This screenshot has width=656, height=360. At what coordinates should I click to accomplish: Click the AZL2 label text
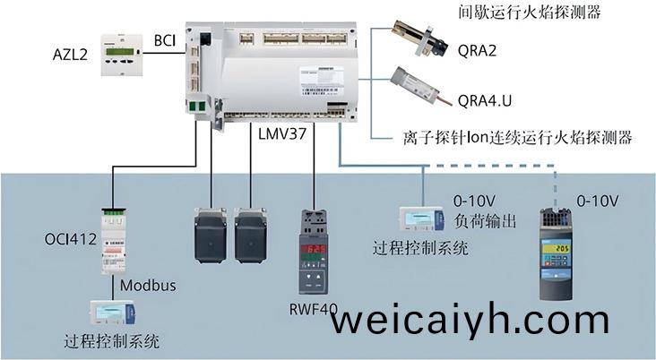point(70,55)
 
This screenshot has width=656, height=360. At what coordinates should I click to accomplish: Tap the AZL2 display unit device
point(122,56)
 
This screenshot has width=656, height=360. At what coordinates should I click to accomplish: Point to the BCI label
point(165,41)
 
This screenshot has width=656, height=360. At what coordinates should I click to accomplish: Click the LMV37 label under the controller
point(282,133)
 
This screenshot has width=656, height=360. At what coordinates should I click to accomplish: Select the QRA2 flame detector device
point(419,40)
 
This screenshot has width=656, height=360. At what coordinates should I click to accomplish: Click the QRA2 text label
point(477,51)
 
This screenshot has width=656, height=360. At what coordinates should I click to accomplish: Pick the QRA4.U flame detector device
point(420,87)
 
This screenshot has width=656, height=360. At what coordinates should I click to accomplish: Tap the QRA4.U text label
point(485,101)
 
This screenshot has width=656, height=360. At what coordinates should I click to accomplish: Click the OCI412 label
point(70,240)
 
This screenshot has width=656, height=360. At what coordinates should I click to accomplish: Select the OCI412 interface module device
point(114,240)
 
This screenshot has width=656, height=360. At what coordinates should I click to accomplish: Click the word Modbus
point(148,286)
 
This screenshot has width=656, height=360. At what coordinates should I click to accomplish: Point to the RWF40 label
point(313,310)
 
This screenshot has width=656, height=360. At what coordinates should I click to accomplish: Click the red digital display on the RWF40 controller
point(314,249)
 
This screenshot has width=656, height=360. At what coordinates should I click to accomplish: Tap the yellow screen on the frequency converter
point(555,249)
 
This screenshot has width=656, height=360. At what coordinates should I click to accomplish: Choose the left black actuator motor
point(211,235)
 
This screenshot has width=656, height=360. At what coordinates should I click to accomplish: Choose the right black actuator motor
point(250,235)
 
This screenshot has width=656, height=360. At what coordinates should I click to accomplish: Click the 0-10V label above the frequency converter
point(598,201)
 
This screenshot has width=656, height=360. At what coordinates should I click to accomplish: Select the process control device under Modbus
point(113,313)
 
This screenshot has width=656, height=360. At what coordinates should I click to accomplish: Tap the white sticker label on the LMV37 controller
point(322,81)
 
